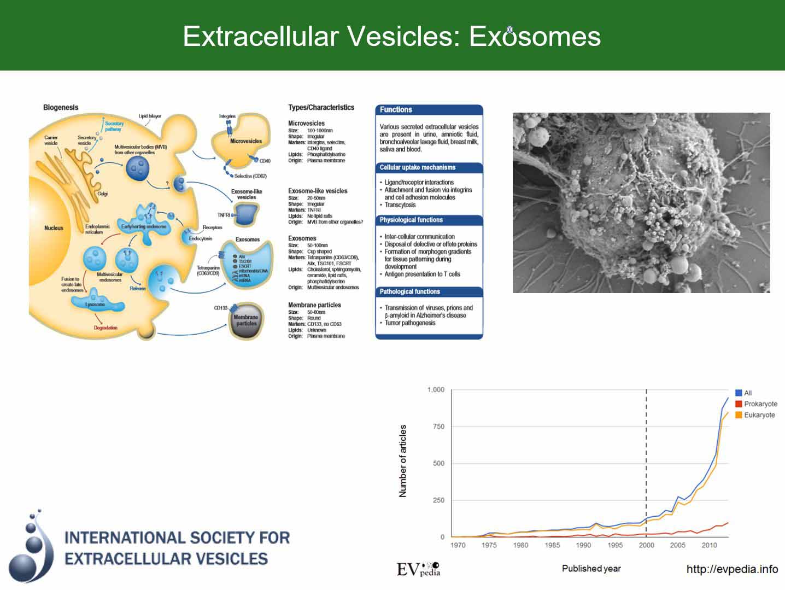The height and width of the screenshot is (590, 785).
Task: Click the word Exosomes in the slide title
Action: tap(535, 37)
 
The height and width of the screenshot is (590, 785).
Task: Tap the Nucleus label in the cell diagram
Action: tap(54, 228)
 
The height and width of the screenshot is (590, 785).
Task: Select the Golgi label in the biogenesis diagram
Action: tap(102, 194)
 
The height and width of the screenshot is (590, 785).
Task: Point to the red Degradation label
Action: tap(106, 328)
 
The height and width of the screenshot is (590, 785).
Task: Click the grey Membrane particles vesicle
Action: tap(246, 320)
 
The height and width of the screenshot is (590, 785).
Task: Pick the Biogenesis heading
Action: tap(61, 107)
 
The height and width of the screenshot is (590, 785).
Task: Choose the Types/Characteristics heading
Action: tap(321, 107)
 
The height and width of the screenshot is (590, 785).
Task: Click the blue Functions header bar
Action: tap(429, 109)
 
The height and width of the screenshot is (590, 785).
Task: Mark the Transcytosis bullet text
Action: tap(400, 205)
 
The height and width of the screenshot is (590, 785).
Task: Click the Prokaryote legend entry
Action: tap(760, 404)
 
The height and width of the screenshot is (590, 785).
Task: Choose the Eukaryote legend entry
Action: tap(759, 415)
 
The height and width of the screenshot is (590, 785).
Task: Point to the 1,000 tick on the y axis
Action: tap(436, 390)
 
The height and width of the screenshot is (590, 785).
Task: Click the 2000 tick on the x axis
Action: tap(646, 545)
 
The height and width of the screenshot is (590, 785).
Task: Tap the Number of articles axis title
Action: tap(403, 461)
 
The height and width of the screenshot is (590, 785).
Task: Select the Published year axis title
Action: tap(591, 569)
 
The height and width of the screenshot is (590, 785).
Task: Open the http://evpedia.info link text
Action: tap(732, 569)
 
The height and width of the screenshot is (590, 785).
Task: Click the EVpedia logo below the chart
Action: tap(418, 569)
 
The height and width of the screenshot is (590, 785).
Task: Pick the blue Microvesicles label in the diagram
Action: tap(245, 141)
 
